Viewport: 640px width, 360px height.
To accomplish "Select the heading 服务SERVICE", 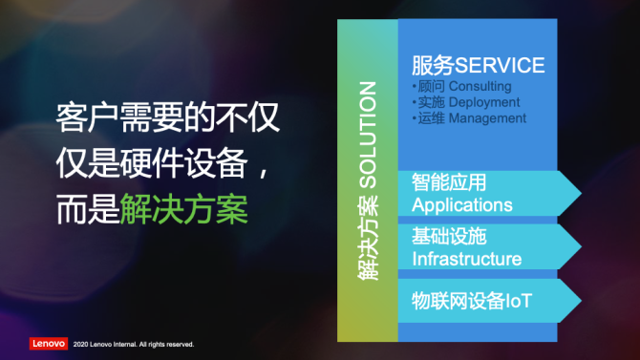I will point(478,65).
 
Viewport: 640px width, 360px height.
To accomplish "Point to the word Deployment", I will point(484,102).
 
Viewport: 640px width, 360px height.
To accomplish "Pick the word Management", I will point(488,118).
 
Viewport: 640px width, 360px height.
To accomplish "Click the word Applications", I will point(461,204).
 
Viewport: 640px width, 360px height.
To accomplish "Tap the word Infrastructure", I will point(466,259).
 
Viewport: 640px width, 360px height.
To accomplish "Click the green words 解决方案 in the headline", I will point(184,209).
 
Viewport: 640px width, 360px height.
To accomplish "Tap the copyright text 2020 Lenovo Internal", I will point(133,344).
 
